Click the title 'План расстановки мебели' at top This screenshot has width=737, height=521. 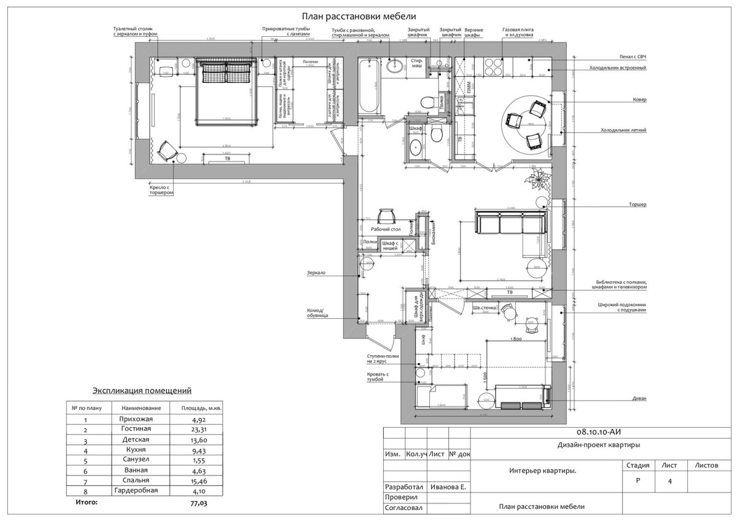(x=359, y=17)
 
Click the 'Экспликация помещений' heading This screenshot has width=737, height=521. (x=142, y=390)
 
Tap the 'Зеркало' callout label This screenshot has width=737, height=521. (x=317, y=273)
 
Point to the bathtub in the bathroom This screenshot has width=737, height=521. (x=370, y=86)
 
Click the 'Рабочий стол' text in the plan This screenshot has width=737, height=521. (x=386, y=229)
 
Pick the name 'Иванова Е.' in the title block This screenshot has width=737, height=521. (x=448, y=486)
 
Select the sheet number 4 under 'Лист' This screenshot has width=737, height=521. (x=669, y=482)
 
